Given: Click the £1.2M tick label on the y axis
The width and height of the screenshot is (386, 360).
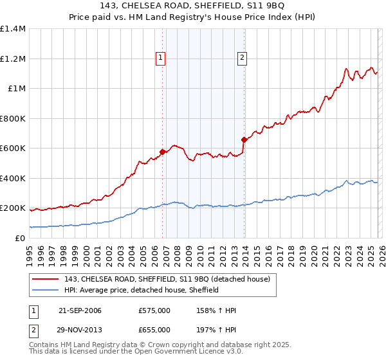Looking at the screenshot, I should click(13, 59).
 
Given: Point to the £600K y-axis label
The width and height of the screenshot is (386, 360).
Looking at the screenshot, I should click(13, 148).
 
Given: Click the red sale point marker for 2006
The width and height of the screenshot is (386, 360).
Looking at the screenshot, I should click(162, 152).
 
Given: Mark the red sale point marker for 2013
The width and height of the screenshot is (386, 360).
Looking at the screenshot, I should click(244, 139).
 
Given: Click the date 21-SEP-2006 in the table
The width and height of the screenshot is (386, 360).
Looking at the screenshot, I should click(80, 310).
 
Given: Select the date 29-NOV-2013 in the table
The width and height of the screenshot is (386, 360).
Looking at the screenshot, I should click(80, 330).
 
